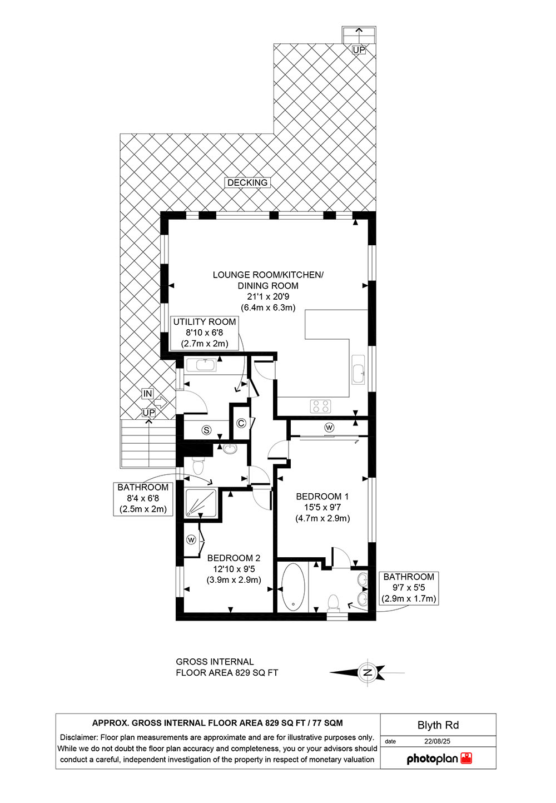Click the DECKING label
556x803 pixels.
click(247, 182)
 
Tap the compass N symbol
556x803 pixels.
click(368, 672)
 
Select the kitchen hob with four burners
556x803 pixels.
click(320, 406)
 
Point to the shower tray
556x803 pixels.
click(201, 503)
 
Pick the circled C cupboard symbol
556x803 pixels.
click(241, 423)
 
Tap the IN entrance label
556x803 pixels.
click(148, 394)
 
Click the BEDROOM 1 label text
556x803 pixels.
click(322, 497)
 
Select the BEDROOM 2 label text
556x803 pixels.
click(234, 558)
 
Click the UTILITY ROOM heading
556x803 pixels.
click(205, 321)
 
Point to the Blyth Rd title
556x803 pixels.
click(438, 725)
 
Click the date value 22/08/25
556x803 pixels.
click(437, 741)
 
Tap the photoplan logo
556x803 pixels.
click(439, 759)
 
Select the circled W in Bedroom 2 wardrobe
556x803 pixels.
click(191, 539)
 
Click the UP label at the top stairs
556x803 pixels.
click(359, 50)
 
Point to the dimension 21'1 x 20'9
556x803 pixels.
click(268, 296)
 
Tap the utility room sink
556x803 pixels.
click(201, 366)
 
